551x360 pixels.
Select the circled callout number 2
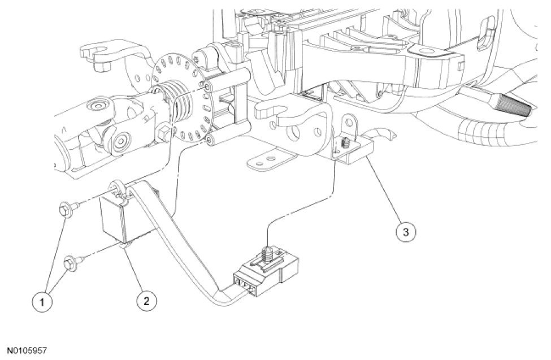(x=146, y=301)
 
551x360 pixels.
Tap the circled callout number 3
(x=405, y=231)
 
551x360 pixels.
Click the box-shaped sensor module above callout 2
(x=120, y=217)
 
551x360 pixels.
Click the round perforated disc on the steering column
(x=180, y=96)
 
